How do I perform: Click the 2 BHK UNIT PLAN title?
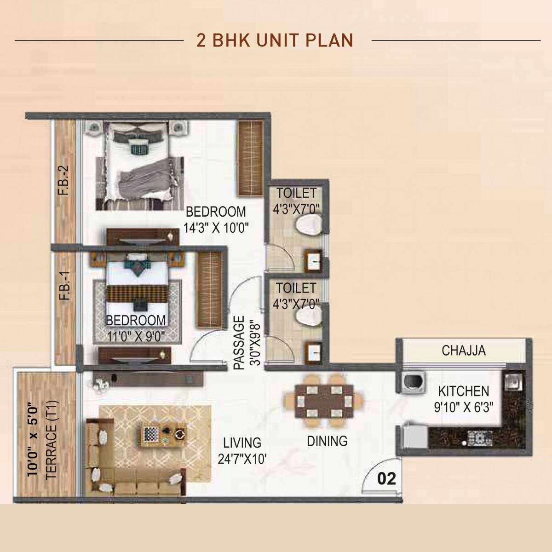click(x=275, y=40)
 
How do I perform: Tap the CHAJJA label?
click(x=463, y=351)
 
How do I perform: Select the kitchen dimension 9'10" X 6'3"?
click(x=463, y=407)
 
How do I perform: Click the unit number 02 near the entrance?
click(x=386, y=479)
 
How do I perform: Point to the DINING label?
click(x=327, y=441)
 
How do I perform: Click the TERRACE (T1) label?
click(x=52, y=440)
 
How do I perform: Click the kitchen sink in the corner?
click(x=512, y=381)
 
